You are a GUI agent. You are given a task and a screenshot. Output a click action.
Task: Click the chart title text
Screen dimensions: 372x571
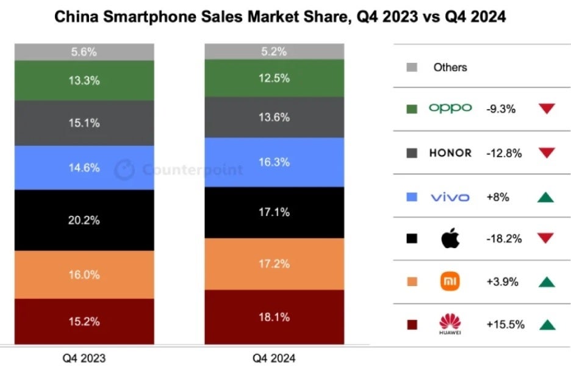pyautogui.click(x=280, y=17)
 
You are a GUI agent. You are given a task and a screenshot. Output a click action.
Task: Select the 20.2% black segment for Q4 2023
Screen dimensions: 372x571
pyautogui.click(x=84, y=220)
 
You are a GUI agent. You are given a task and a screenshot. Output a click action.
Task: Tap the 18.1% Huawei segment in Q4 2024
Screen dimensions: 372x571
pyautogui.click(x=274, y=317)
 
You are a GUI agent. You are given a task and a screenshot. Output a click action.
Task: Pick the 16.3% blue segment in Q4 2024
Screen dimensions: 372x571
pyautogui.click(x=274, y=162)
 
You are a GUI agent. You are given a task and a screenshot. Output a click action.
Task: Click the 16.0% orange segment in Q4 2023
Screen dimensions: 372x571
pyautogui.click(x=84, y=274)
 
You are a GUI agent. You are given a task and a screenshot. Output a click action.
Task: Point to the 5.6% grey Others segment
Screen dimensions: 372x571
pyautogui.click(x=84, y=52)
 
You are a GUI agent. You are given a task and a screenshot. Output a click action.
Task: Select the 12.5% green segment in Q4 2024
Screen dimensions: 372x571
pyautogui.click(x=274, y=79)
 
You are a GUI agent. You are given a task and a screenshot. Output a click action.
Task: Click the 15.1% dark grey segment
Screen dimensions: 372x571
pyautogui.click(x=84, y=123)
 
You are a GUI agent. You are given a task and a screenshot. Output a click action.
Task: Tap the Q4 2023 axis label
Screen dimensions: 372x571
pyautogui.click(x=84, y=358)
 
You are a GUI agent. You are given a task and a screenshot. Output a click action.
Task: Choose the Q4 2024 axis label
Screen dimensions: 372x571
pyautogui.click(x=274, y=358)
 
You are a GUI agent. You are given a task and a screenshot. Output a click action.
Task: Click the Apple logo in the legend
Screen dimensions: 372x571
pyautogui.click(x=450, y=238)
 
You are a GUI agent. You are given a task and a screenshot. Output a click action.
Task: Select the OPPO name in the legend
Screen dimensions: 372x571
pyautogui.click(x=450, y=109)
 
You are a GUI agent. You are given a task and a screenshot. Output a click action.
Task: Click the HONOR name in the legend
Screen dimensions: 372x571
pyautogui.click(x=450, y=153)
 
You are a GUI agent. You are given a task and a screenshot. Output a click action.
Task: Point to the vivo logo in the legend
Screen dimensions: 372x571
pyautogui.click(x=450, y=196)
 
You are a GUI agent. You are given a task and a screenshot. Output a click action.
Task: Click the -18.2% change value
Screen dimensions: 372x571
pyautogui.click(x=504, y=238)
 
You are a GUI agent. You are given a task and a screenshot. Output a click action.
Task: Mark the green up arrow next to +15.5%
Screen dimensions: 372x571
pyautogui.click(x=547, y=324)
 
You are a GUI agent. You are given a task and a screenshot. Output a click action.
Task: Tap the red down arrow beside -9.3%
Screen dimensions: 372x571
pyautogui.click(x=547, y=109)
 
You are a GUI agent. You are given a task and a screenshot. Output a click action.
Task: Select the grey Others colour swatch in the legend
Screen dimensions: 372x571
pyautogui.click(x=412, y=67)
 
